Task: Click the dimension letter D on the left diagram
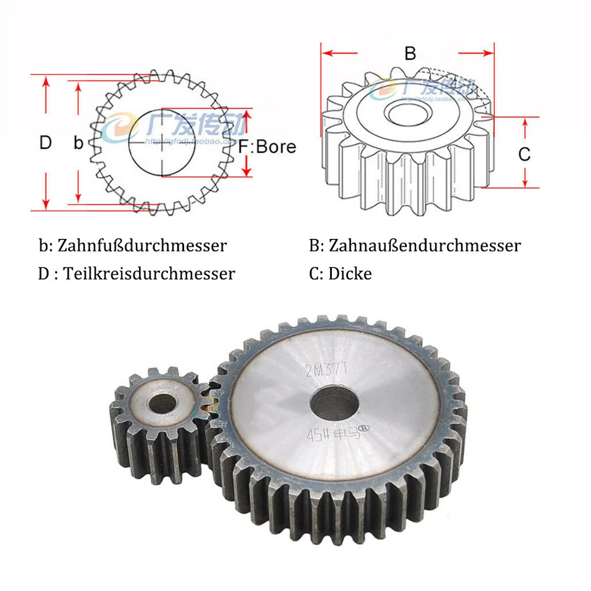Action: [x=46, y=143]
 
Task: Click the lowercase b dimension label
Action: [x=78, y=143]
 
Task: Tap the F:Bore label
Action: [x=267, y=147]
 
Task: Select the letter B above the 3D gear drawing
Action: [x=410, y=54]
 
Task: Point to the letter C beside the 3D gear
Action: [x=524, y=154]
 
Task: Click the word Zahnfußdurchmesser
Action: [x=142, y=246]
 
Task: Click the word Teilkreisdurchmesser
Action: [x=149, y=273]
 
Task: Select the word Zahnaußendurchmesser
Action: [x=425, y=246]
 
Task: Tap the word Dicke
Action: [x=350, y=273]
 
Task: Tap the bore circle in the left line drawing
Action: [x=163, y=143]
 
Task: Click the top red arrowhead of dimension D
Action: [x=46, y=82]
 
